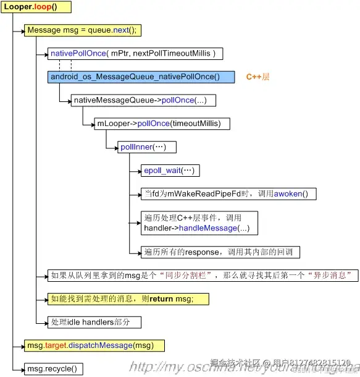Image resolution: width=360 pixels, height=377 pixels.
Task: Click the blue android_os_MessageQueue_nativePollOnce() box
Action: pyautogui.click(x=141, y=77)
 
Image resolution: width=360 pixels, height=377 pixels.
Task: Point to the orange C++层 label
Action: pyautogui.click(x=257, y=77)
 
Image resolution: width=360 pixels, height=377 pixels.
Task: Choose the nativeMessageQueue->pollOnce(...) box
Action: pyautogui.click(x=143, y=100)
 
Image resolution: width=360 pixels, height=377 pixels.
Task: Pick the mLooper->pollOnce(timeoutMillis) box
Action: pyautogui.click(x=162, y=124)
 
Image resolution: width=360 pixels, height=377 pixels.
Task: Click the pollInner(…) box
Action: pyautogui.click(x=148, y=147)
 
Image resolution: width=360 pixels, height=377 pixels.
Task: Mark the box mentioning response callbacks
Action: pyautogui.click(x=220, y=252)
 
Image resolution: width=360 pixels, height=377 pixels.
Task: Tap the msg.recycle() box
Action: pyautogui.click(x=54, y=368)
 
